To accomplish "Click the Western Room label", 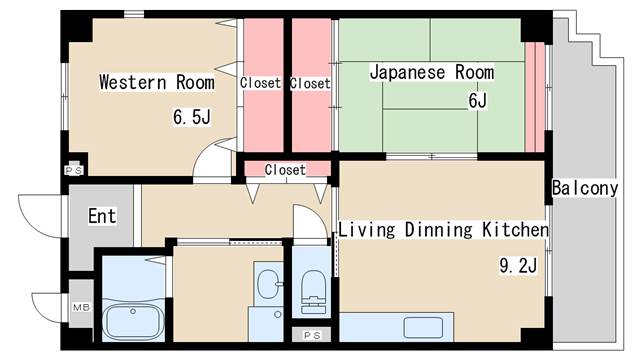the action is coord(157,82).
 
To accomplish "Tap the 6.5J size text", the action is coord(192,117).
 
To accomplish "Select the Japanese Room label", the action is coord(432,72).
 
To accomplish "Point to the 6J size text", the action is coord(478,100).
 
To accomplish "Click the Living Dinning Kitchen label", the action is coord(444,230).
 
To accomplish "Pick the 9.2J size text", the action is coord(518,265).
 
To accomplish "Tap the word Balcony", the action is coord(585,188).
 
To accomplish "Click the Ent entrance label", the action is coord(102,216).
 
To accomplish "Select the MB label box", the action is coord(81,307).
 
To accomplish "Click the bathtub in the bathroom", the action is coord(133,321).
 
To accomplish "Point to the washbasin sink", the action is coord(269,284).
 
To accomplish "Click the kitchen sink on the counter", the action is coord(423,328).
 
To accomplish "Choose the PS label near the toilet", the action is coord(312,336).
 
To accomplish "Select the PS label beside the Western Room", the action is coord(74,170).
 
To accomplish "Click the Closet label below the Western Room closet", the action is coord(285,170).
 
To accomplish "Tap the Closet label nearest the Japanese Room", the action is coord(310,84).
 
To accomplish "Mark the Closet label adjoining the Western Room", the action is coord(260,83).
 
